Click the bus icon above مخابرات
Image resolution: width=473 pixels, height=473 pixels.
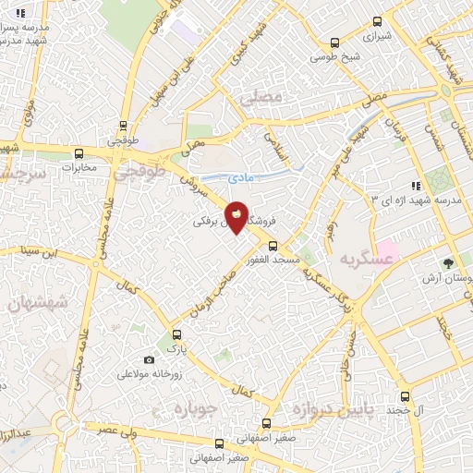tap(79, 153)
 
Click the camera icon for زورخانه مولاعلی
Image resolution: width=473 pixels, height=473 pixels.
tap(150, 359)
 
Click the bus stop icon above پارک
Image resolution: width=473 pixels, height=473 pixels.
tap(176, 336)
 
